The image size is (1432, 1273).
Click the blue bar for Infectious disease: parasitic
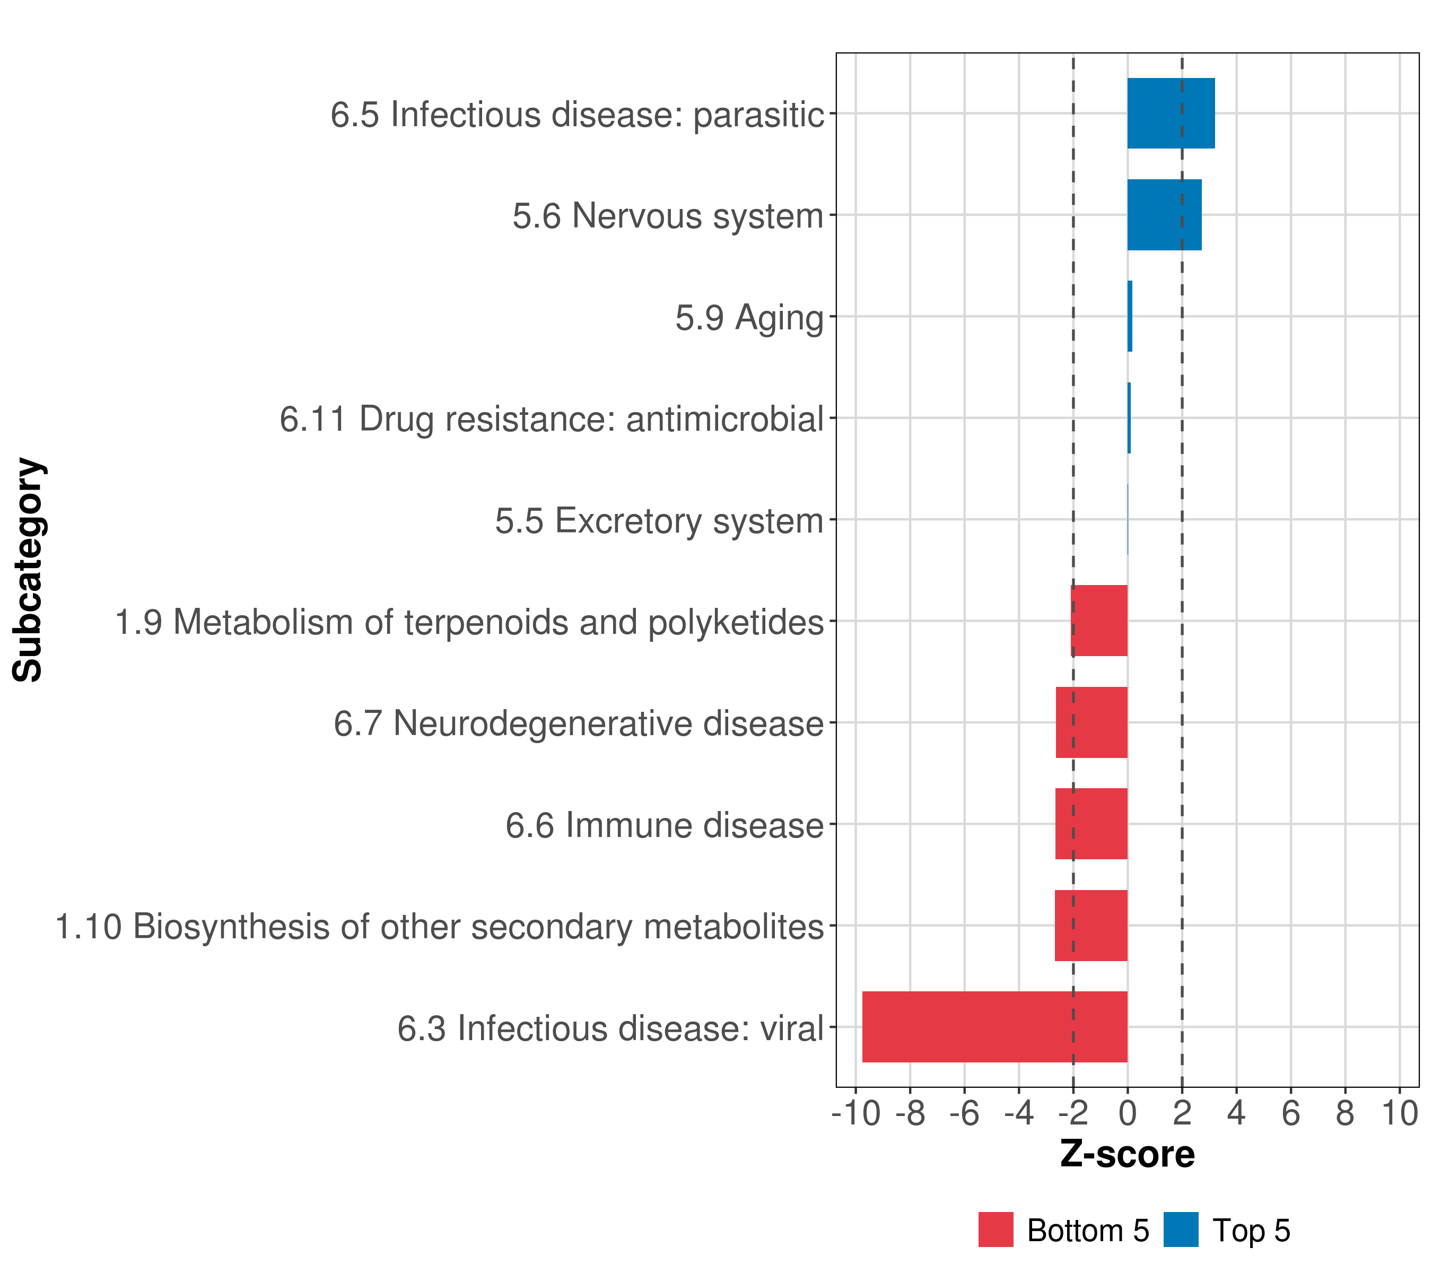click(1170, 113)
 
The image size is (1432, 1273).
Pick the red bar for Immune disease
click(1091, 823)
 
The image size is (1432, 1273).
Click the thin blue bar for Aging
click(1129, 316)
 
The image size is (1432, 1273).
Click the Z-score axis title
click(1127, 1154)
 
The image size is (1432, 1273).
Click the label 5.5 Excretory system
click(659, 520)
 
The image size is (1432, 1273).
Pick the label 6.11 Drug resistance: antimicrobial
click(552, 419)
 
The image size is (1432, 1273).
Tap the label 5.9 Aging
click(749, 317)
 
